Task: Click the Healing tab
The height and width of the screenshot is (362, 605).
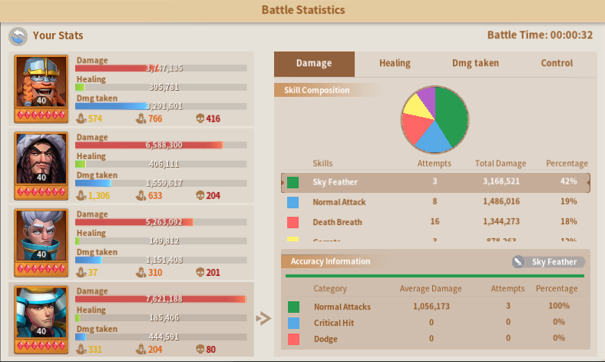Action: [395, 63]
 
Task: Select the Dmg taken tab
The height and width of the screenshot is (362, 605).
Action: [475, 63]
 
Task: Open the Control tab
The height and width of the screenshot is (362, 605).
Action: [557, 63]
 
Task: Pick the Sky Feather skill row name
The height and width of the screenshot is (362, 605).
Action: [335, 182]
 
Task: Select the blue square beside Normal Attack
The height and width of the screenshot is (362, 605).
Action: [293, 203]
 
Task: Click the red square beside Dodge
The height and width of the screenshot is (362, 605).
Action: [293, 339]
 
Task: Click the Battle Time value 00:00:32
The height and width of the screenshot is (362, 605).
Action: [571, 35]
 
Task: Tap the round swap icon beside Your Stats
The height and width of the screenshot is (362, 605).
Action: [18, 35]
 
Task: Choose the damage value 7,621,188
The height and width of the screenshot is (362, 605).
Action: [164, 299]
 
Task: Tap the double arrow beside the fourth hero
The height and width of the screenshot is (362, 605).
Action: [263, 318]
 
